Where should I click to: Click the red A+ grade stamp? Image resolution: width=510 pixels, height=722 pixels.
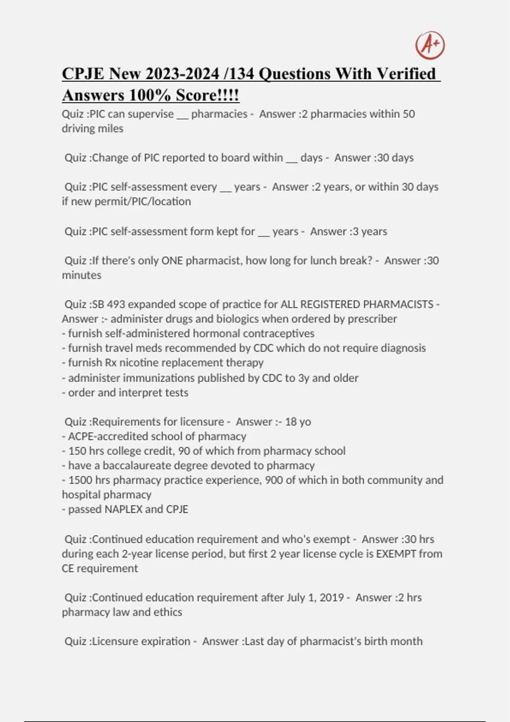click(x=430, y=45)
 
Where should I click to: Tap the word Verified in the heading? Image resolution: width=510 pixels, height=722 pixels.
click(x=406, y=74)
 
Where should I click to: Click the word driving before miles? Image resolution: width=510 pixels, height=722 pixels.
click(x=77, y=129)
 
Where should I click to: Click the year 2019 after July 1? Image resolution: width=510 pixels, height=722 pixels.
click(x=331, y=598)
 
